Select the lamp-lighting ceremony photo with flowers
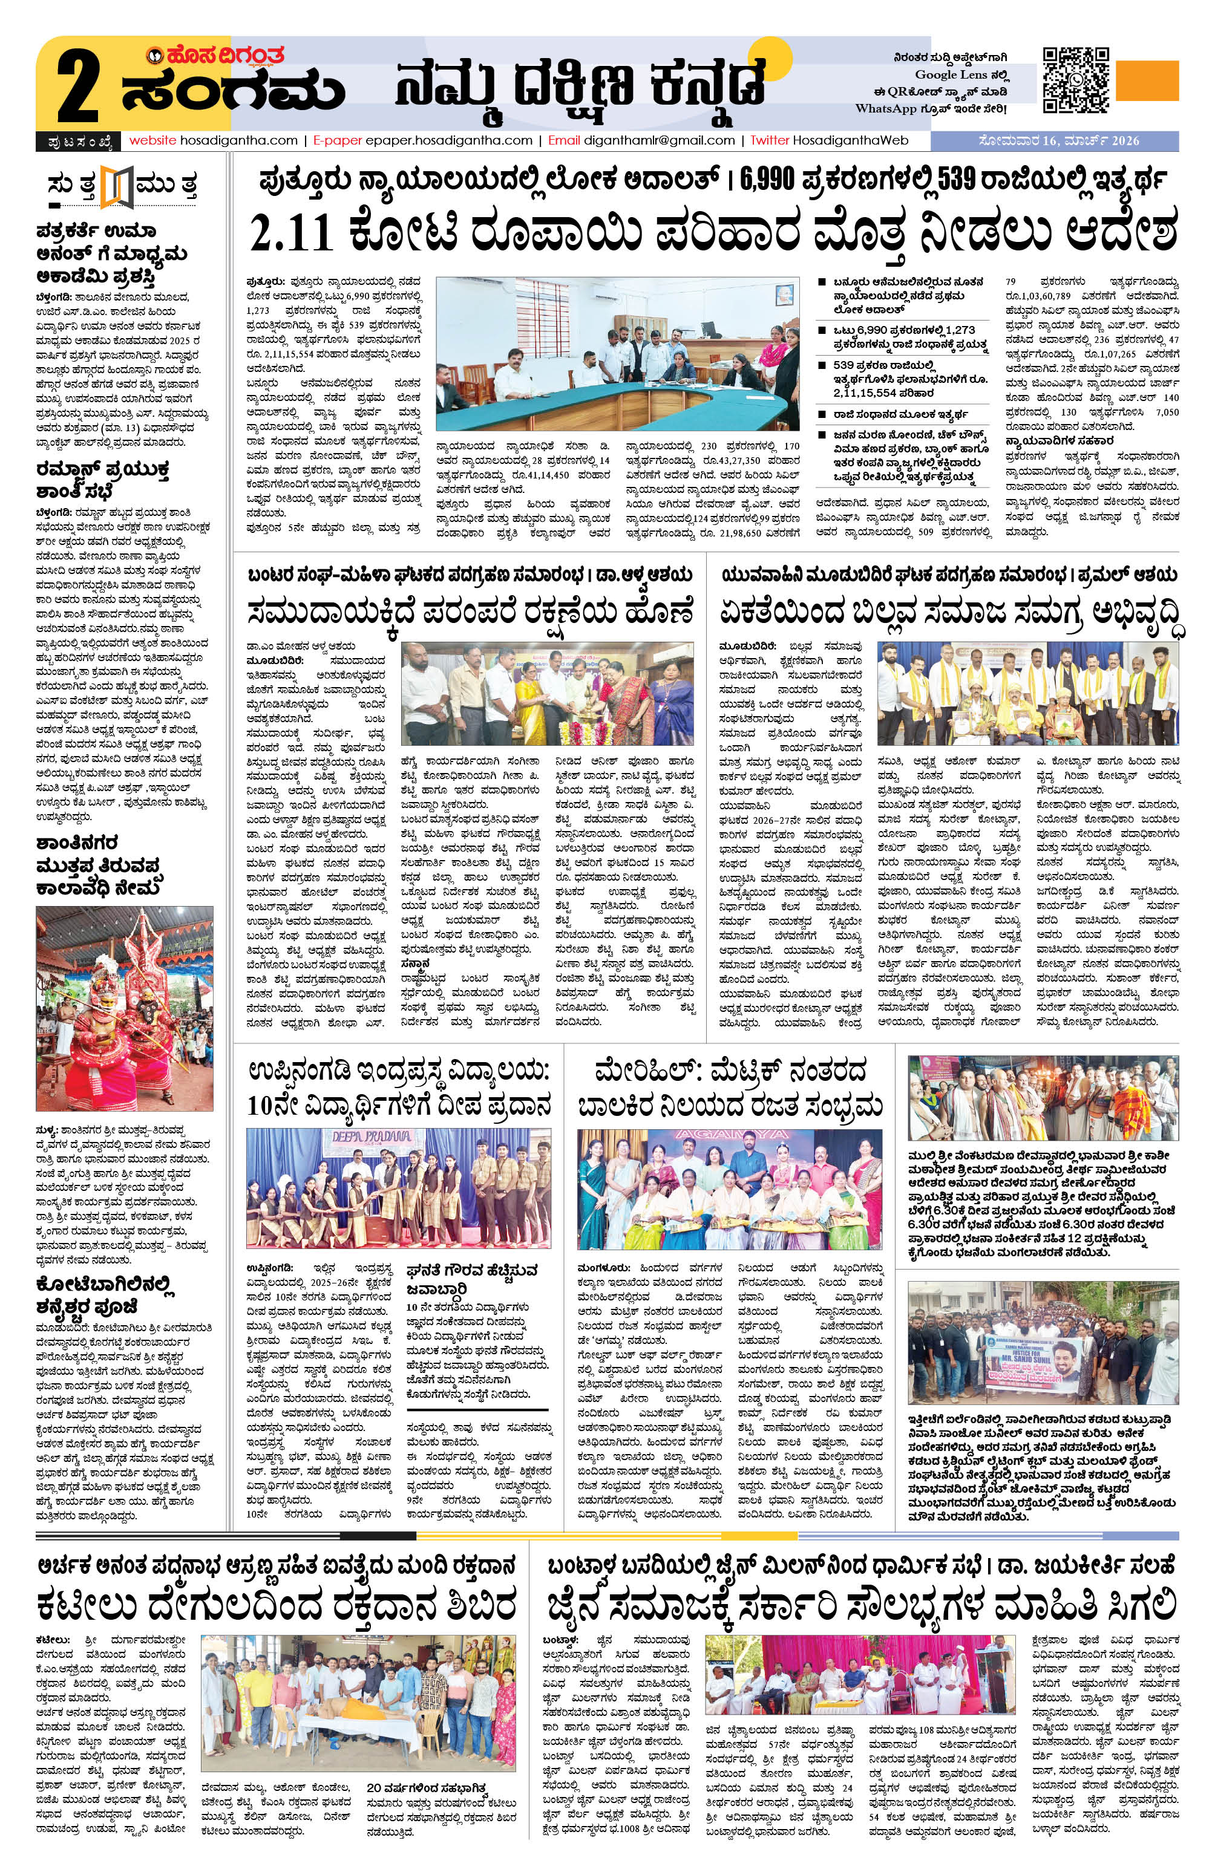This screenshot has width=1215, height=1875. tap(548, 693)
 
